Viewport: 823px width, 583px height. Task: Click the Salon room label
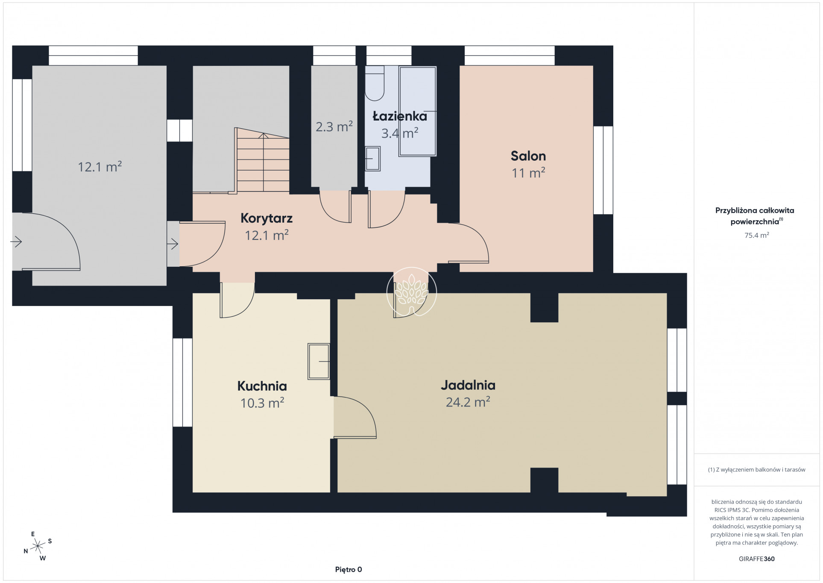528,156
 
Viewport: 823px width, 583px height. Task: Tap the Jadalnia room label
468,385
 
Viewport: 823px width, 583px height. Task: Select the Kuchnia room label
262,386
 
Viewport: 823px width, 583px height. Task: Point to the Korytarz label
267,218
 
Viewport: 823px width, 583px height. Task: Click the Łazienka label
400,116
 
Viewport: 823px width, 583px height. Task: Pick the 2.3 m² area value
334,127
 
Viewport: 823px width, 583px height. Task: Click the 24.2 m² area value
468,402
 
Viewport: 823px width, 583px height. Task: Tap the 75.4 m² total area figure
756,235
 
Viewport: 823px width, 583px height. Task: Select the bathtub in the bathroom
417,111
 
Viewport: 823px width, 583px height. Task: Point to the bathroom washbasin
373,159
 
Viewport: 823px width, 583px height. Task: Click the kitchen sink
319,361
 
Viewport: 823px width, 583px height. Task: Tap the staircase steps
262,161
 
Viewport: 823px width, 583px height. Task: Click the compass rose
38,546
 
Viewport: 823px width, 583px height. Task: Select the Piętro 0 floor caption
349,569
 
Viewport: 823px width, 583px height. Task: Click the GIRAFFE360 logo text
756,559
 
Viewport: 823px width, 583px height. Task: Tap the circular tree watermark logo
412,292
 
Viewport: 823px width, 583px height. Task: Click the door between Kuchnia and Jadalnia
354,417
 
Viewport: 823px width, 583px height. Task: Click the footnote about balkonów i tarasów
756,470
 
